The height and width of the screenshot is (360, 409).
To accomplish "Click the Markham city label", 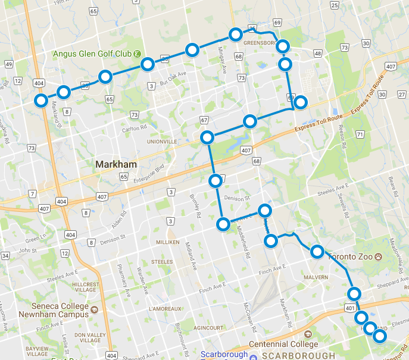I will (x=117, y=164).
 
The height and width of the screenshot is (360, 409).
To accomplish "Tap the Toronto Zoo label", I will (x=350, y=257).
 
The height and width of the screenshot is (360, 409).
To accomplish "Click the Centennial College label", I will (x=283, y=345).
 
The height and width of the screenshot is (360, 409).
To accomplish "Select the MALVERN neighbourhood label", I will (x=315, y=277).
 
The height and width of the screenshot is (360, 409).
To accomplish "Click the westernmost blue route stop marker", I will (x=41, y=101).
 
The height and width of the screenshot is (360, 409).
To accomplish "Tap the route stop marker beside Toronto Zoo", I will (x=317, y=252).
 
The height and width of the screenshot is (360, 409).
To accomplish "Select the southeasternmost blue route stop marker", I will (x=379, y=336).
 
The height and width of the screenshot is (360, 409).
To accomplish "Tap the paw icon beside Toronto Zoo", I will (x=378, y=257).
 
